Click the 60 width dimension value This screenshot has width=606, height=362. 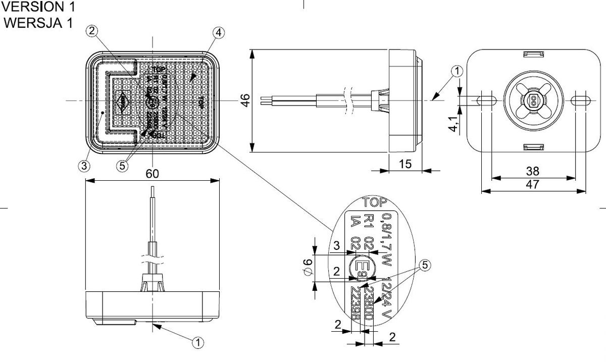(153, 174)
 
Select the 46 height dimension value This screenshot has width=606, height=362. (245, 100)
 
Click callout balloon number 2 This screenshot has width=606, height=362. (91, 31)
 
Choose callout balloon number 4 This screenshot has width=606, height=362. (218, 33)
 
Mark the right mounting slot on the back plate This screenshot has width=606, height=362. (579, 100)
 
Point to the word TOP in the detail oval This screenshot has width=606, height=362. (375, 203)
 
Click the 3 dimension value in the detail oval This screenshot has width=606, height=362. (336, 246)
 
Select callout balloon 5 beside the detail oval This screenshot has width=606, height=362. (425, 264)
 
